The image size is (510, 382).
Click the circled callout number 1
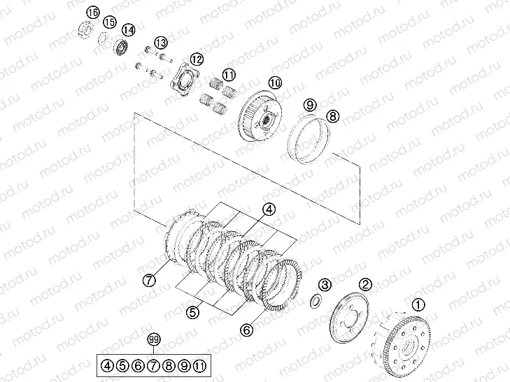(x=418, y=304)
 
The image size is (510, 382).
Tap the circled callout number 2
(x=365, y=284)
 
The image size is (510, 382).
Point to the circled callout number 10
(x=274, y=82)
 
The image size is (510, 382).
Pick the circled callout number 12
(x=197, y=59)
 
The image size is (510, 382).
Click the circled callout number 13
(x=161, y=42)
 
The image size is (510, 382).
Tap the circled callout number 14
(x=128, y=30)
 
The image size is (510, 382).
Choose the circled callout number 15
(x=108, y=22)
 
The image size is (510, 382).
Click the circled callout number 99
(x=155, y=340)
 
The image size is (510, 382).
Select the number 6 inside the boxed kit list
(x=138, y=365)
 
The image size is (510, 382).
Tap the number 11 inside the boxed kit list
(x=200, y=365)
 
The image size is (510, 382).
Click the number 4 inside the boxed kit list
(x=107, y=365)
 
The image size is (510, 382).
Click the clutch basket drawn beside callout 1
(x=406, y=343)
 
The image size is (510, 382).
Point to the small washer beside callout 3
(x=316, y=300)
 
